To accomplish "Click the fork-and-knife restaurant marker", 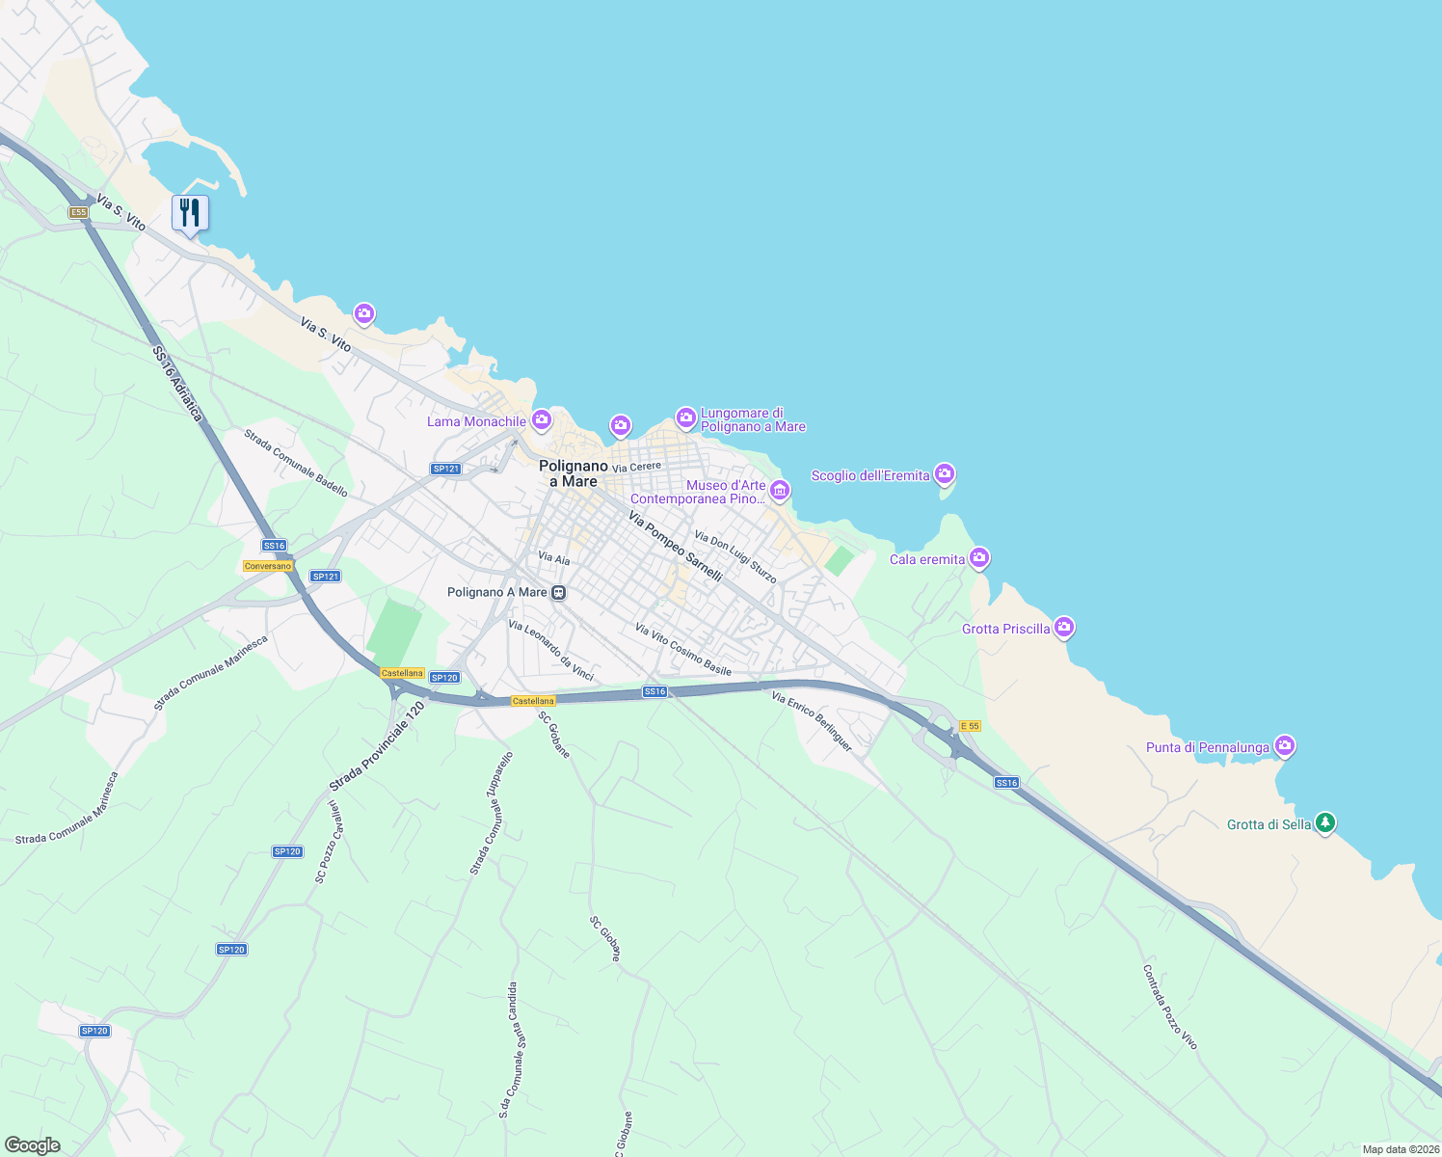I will pyautogui.click(x=190, y=213).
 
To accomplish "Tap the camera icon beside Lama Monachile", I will pyautogui.click(x=542, y=419).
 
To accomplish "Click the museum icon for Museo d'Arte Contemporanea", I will pyautogui.click(x=780, y=491).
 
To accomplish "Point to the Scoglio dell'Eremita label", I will pyautogui.click(x=870, y=475).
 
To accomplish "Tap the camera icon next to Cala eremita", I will pyautogui.click(x=979, y=557).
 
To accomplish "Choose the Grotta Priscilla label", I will pyautogui.click(x=1005, y=629).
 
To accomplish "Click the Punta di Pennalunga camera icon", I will pyautogui.click(x=1284, y=745).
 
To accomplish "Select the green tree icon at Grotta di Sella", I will pyautogui.click(x=1325, y=822).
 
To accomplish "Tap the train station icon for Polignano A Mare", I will pyautogui.click(x=558, y=593).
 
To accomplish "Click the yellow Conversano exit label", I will pyautogui.click(x=267, y=566).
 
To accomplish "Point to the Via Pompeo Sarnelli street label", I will pyautogui.click(x=675, y=547).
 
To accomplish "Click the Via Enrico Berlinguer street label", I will pyautogui.click(x=812, y=721).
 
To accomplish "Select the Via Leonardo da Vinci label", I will pyautogui.click(x=550, y=651).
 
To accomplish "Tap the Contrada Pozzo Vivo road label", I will pyautogui.click(x=1169, y=1007).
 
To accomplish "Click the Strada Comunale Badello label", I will pyautogui.click(x=296, y=463).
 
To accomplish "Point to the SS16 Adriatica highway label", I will pyautogui.click(x=178, y=384).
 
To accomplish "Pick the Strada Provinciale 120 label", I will pyautogui.click(x=377, y=746).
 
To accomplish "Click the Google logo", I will pyautogui.click(x=32, y=1145).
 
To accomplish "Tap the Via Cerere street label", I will pyautogui.click(x=636, y=467).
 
